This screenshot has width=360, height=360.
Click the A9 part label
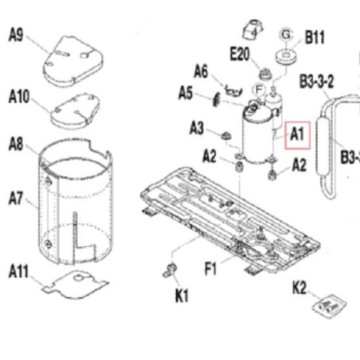[16, 35]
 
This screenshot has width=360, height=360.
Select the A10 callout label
[19, 96]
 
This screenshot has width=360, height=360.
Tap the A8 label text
[16, 144]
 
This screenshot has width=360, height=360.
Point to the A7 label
[16, 198]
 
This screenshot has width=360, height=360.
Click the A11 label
[18, 271]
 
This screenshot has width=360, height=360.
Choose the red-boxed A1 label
[297, 135]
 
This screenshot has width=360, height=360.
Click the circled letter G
[286, 34]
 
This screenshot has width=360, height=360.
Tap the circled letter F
[259, 90]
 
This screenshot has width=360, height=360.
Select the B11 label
[315, 37]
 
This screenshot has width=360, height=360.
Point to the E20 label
[240, 54]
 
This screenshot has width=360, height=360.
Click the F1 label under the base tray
[210, 268]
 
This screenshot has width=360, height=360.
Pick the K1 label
[182, 295]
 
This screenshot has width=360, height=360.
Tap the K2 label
[299, 288]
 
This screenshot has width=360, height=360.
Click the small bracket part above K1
[170, 270]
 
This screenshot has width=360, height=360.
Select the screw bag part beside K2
[329, 306]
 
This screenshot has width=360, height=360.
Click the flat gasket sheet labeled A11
[76, 284]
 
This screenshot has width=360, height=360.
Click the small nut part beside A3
[226, 136]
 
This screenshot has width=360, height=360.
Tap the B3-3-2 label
[316, 81]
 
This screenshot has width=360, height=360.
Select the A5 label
[186, 93]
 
